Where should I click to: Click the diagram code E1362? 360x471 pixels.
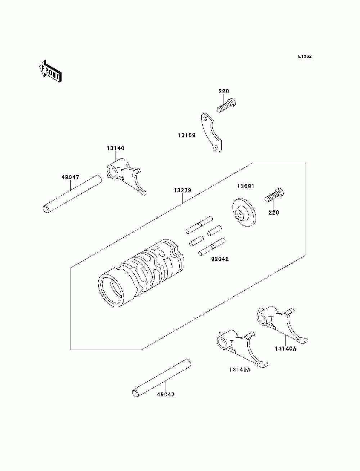(x=305, y=57)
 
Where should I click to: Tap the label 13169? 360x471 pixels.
(x=186, y=135)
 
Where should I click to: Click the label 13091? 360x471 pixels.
(x=246, y=186)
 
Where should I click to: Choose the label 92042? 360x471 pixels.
(x=220, y=259)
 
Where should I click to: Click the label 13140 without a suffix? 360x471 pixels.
(x=115, y=148)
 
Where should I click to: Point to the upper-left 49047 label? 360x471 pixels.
(x=70, y=177)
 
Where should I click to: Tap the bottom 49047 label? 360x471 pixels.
(x=166, y=394)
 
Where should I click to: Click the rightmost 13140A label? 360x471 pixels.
(x=285, y=348)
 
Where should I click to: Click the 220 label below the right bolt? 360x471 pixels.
(x=274, y=212)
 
